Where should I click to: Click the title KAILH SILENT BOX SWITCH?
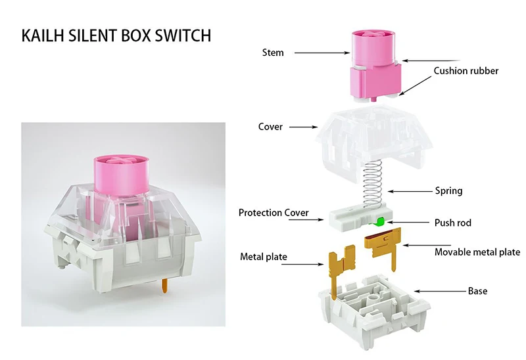tap(116, 35)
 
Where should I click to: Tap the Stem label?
tap(272, 52)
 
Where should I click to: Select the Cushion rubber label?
tap(466, 71)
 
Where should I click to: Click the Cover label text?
tap(270, 127)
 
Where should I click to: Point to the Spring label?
tap(448, 191)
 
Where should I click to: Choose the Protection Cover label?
tap(274, 213)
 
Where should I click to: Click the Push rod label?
tap(452, 223)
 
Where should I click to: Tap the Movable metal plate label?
tap(477, 252)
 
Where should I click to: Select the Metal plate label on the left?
tap(263, 257)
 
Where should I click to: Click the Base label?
tap(477, 290)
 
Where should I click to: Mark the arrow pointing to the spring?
tap(409, 191)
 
